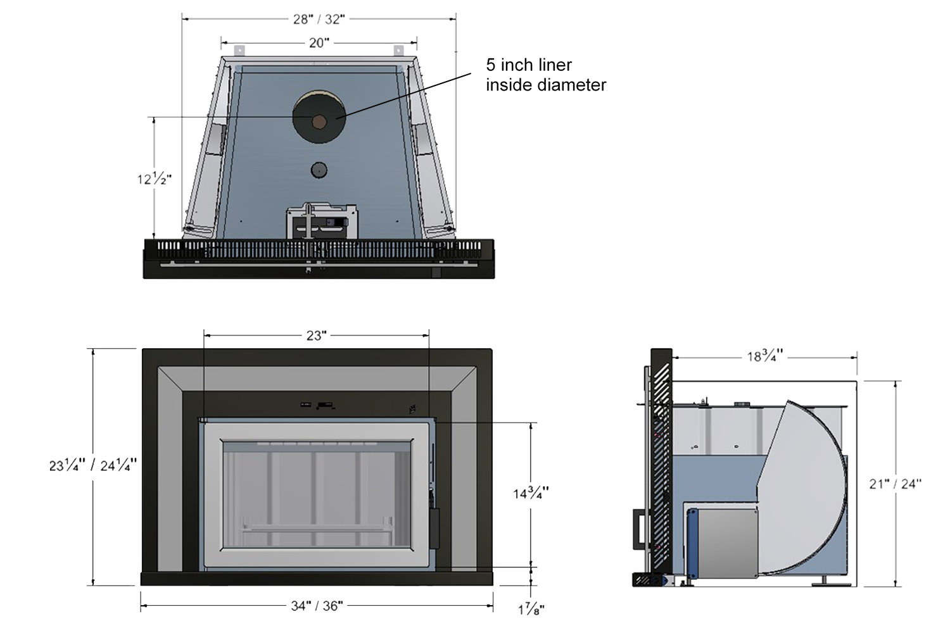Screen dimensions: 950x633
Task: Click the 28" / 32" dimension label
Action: point(319,20)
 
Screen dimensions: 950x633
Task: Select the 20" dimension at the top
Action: point(319,43)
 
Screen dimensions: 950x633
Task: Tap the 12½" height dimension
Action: point(154,179)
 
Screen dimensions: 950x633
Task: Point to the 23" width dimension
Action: point(317,335)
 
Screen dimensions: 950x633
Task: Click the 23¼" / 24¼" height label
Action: point(93,466)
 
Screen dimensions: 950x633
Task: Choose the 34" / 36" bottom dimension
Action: point(317,606)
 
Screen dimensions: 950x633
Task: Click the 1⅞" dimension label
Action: point(531,610)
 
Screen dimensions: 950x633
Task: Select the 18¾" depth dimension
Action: point(764,356)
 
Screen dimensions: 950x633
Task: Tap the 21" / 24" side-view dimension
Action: point(896,484)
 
